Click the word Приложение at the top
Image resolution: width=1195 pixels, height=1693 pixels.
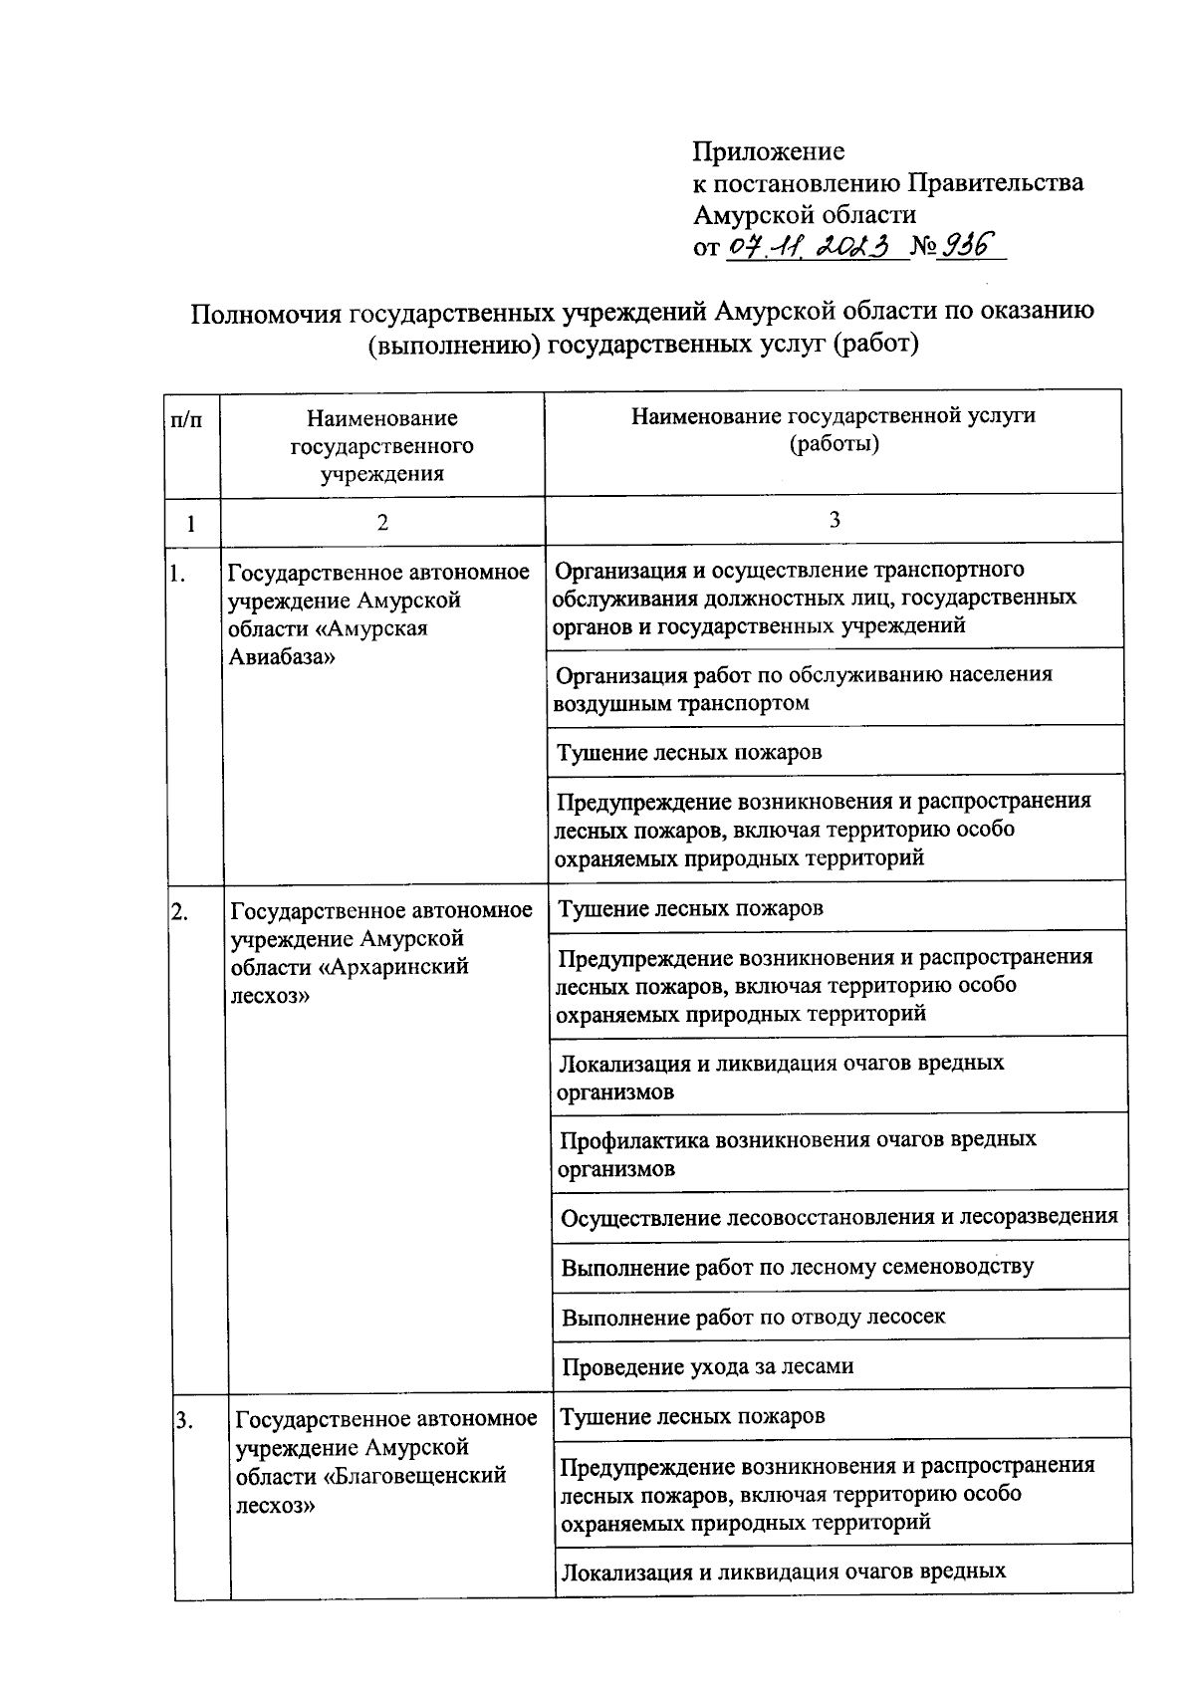click(x=768, y=151)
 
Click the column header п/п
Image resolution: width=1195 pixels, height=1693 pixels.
click(x=186, y=420)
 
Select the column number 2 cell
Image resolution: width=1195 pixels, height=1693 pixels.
click(x=382, y=522)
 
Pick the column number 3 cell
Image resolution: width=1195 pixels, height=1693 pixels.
click(x=834, y=519)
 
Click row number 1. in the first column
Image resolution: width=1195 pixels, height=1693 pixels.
click(x=179, y=573)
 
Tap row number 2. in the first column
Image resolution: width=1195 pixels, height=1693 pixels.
click(x=180, y=910)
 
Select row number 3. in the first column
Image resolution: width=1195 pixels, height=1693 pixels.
click(x=184, y=1420)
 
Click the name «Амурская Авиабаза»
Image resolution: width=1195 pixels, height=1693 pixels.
click(x=329, y=643)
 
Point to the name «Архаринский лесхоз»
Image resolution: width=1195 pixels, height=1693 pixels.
click(x=351, y=981)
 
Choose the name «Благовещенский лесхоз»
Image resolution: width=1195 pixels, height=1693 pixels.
click(x=370, y=1490)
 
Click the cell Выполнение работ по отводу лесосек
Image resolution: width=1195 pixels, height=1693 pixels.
click(x=753, y=1317)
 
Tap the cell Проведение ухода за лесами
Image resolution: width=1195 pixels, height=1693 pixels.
click(x=707, y=1366)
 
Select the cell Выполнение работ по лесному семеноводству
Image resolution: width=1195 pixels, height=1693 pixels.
click(x=797, y=1267)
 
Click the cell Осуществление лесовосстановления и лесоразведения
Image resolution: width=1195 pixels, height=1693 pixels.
click(x=838, y=1216)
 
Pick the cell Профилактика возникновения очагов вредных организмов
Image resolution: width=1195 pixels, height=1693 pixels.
click(x=797, y=1153)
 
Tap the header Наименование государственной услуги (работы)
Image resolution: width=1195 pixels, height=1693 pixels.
click(x=834, y=429)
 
